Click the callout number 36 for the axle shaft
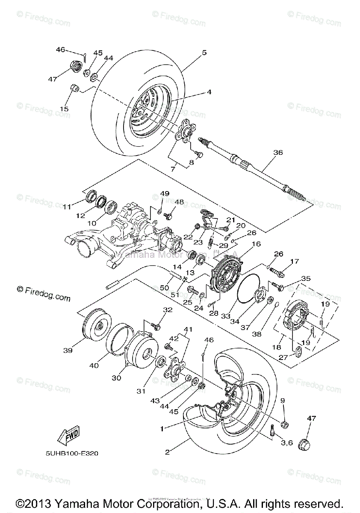click(279, 153)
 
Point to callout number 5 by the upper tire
click(204, 53)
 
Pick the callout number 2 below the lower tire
click(168, 452)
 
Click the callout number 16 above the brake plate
click(256, 244)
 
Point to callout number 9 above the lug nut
click(283, 401)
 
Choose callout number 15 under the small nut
click(64, 109)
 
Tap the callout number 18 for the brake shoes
click(280, 348)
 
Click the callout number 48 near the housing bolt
click(179, 202)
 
